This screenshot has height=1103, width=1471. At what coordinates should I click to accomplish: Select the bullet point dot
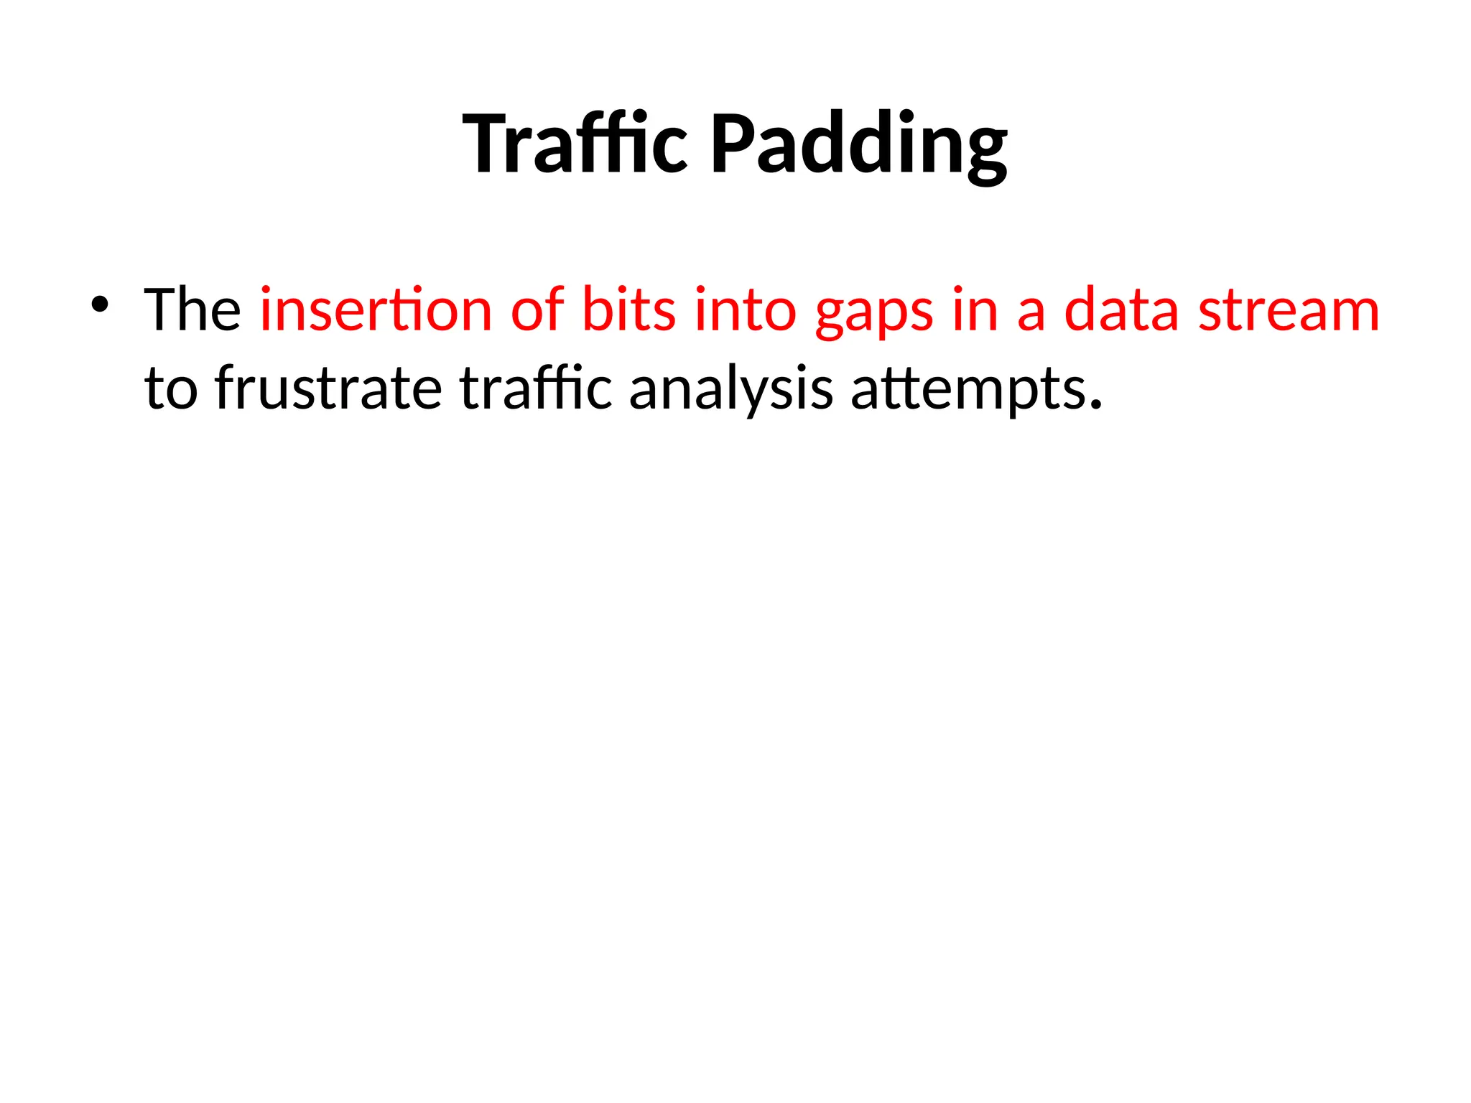pyautogui.click(x=99, y=305)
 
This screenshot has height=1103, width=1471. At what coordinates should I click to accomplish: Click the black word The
pyautogui.click(x=192, y=310)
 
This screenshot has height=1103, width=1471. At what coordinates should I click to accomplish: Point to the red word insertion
pyautogui.click(x=376, y=310)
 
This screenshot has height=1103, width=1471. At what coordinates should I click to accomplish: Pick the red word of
pyautogui.click(x=537, y=310)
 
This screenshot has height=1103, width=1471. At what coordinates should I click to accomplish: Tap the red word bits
pyautogui.click(x=629, y=310)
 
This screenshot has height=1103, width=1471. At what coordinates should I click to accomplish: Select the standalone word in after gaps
pyautogui.click(x=975, y=310)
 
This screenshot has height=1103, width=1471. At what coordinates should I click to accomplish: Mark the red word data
pyautogui.click(x=1121, y=310)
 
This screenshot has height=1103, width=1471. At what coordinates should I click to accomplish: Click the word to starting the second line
pyautogui.click(x=171, y=389)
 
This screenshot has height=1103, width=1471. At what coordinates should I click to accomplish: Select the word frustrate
pyautogui.click(x=328, y=388)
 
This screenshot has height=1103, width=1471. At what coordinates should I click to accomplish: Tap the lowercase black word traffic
pyautogui.click(x=536, y=388)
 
